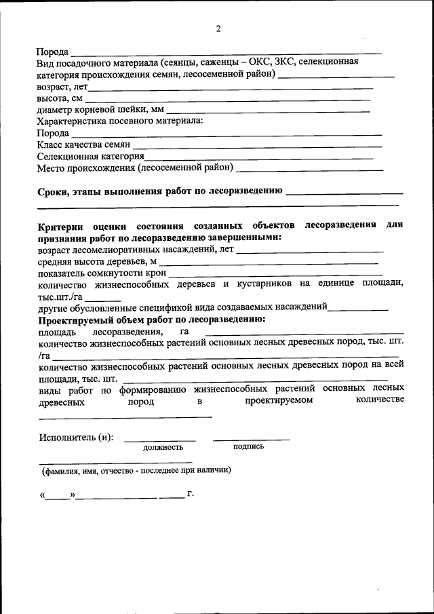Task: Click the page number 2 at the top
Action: coord(218,28)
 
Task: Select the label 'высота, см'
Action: coord(59,98)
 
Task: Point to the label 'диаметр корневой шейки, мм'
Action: coord(100,110)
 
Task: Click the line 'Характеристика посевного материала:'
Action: coord(120,121)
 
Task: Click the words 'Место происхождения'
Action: coord(85,168)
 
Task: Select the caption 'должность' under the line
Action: coord(163,448)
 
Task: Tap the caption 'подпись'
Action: coord(248,446)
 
